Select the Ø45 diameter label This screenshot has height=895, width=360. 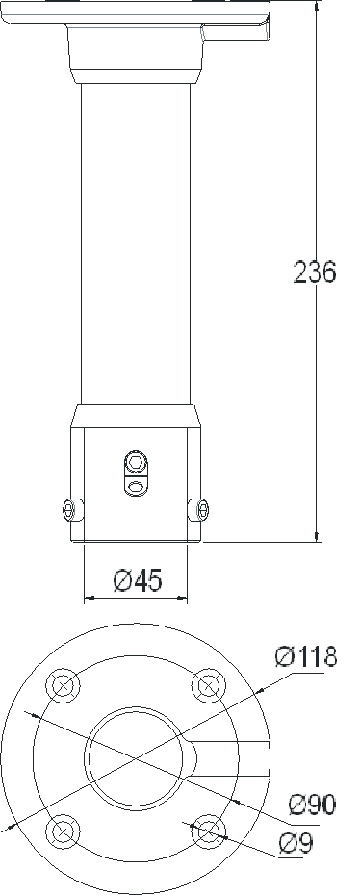tap(138, 580)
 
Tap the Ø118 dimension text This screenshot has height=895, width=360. tap(306, 656)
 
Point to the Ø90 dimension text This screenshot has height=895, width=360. tap(312, 805)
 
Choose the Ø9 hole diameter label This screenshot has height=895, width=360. tap(296, 843)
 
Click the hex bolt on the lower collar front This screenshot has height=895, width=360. tap(136, 461)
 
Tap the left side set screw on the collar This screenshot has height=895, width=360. tap(71, 509)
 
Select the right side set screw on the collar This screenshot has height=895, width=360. tap(199, 509)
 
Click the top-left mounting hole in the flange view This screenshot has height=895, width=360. tap(64, 684)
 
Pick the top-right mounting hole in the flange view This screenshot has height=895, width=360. tap(208, 684)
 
